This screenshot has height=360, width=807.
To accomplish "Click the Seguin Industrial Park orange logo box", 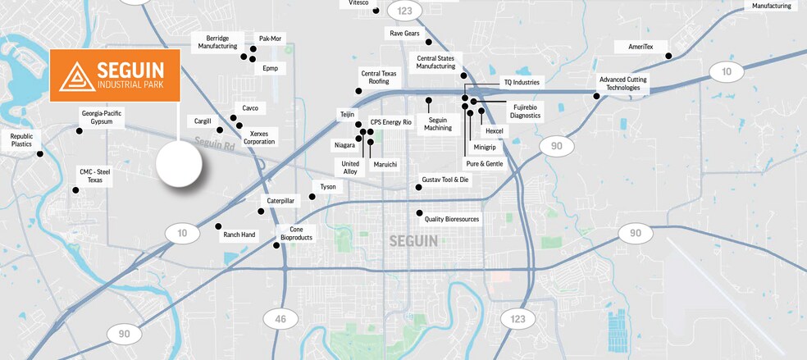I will click(114, 75).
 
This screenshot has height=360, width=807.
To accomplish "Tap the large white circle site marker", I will click(180, 164).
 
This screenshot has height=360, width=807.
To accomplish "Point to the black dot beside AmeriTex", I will click(668, 56).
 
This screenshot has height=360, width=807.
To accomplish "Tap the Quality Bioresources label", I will click(451, 219).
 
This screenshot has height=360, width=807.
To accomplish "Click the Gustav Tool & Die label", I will click(445, 179).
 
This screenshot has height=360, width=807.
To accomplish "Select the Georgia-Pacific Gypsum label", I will click(102, 117).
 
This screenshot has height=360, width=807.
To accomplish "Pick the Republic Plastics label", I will click(21, 139).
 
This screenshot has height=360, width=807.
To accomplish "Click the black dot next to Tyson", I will click(312, 197).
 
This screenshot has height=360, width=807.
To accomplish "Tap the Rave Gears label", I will click(404, 34).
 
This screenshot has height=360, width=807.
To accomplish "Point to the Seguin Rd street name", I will click(216, 144).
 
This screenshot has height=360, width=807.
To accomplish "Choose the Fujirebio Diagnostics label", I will click(525, 112).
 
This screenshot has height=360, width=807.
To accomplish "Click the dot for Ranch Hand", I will click(218, 226).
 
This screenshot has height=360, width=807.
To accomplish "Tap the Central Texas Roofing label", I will click(379, 77).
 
